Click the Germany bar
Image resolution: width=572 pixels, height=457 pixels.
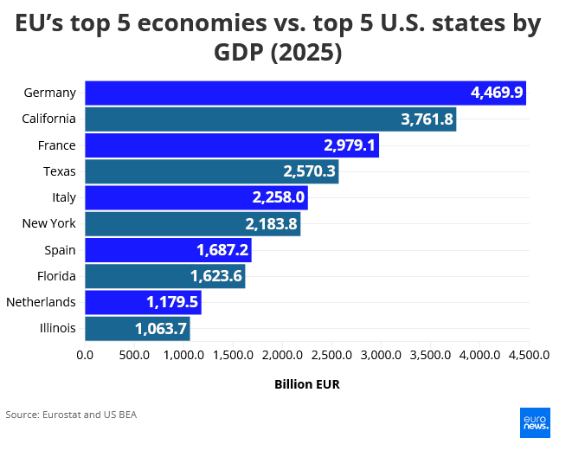click(305, 93)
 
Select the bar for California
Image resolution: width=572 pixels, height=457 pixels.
click(271, 119)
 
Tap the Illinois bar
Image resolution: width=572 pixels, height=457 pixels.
click(138, 329)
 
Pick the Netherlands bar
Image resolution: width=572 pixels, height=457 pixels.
click(144, 302)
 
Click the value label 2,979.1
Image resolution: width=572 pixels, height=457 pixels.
click(350, 145)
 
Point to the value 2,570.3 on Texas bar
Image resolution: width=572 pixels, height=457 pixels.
click(309, 171)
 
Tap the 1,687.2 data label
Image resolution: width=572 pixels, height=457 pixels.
click(222, 250)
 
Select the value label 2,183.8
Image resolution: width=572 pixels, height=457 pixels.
click(271, 224)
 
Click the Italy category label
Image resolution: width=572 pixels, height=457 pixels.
click(64, 197)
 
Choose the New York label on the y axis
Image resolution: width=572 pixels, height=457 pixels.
click(48, 223)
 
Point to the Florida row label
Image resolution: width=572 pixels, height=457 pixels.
click(56, 276)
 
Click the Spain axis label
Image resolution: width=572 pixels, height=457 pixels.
click(61, 250)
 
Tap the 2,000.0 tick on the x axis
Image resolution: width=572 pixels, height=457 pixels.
click(282, 355)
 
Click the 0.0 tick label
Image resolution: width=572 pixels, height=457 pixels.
click(85, 355)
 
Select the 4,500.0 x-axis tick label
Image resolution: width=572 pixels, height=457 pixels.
click(529, 355)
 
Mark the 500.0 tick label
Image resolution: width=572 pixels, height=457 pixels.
click(134, 355)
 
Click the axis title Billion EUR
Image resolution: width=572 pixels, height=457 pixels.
click(307, 384)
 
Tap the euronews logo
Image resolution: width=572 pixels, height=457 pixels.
click(535, 422)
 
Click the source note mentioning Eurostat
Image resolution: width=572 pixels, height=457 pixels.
click(71, 415)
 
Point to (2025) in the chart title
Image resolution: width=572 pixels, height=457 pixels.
click(306, 53)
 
